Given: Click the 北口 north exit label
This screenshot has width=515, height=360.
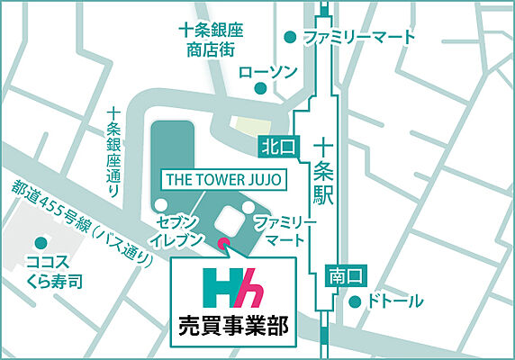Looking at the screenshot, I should pos(272,145).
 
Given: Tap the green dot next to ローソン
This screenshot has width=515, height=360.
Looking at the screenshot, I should pos(259,88).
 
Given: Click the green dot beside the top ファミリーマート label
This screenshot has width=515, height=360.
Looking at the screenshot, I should pos(290,38).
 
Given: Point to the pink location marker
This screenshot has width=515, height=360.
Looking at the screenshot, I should pos(223,241).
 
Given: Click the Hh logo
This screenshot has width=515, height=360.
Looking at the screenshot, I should pos(232,286).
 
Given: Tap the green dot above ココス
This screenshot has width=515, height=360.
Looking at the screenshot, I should pos(40,242).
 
